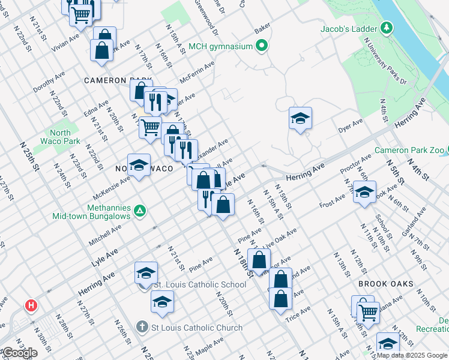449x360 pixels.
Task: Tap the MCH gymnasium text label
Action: [221, 46]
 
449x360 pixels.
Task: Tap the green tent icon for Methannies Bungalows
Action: [139, 211]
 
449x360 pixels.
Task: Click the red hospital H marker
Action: [31, 306]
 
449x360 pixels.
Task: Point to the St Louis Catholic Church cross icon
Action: [142, 327]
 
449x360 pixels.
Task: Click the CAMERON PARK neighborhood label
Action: [113, 80]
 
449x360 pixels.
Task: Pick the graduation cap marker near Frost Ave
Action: [364, 192]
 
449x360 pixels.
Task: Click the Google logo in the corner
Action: [19, 353]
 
